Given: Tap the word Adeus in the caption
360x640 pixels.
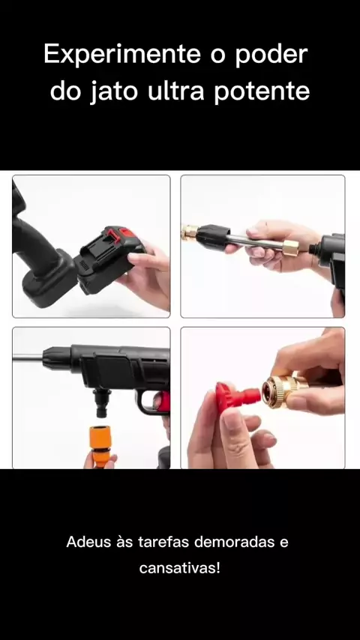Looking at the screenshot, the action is [88, 542].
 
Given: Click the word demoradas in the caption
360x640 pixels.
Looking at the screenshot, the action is [233, 542].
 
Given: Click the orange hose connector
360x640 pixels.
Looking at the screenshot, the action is [100, 446].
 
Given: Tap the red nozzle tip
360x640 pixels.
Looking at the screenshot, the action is [236, 396].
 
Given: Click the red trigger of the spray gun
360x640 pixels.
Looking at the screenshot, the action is [163, 402].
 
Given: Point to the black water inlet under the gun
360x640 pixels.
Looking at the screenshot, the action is [100, 402].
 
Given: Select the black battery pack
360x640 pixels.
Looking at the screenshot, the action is [109, 259].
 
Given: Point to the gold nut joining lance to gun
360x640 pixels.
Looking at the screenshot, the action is [289, 248].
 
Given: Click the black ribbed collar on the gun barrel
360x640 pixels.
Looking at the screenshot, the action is [57, 358].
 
